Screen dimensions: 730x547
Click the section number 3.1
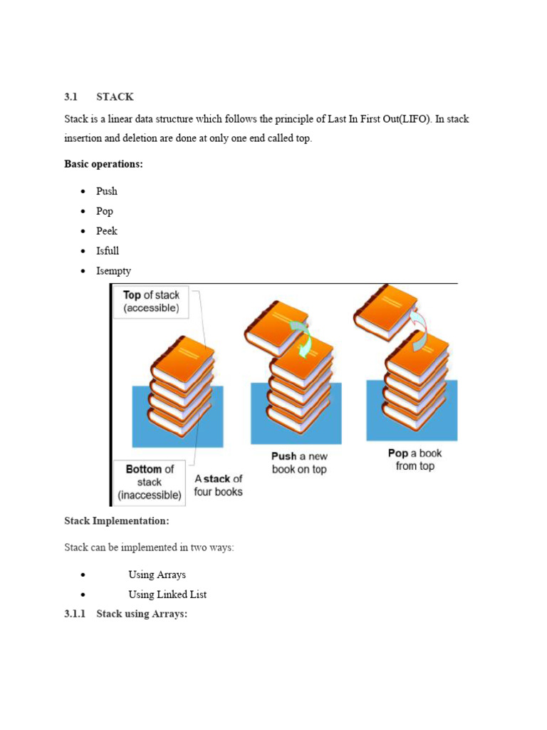pyautogui.click(x=70, y=97)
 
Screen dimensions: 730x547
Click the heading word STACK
pyautogui.click(x=115, y=97)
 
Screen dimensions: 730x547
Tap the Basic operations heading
pyautogui.click(x=103, y=164)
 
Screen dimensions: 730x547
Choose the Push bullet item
pyautogui.click(x=107, y=191)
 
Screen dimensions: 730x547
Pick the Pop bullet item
pyautogui.click(x=105, y=211)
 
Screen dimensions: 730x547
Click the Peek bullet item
pyautogui.click(x=107, y=231)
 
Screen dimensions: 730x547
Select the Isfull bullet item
pyautogui.click(x=108, y=251)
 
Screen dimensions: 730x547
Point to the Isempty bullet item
pyautogui.click(x=113, y=271)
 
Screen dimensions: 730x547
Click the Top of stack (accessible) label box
pyautogui.click(x=151, y=302)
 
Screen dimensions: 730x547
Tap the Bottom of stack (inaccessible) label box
pyautogui.click(x=150, y=481)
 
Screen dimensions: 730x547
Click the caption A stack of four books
pyautogui.click(x=218, y=485)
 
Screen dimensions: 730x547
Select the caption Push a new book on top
pyautogui.click(x=299, y=463)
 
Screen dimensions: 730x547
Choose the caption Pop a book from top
pyautogui.click(x=415, y=459)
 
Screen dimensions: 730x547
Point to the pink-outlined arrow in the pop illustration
pyautogui.click(x=419, y=325)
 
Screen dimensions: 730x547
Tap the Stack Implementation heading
pyautogui.click(x=117, y=521)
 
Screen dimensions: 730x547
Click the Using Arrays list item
pyautogui.click(x=157, y=575)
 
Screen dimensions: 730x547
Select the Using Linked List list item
pyautogui.click(x=167, y=595)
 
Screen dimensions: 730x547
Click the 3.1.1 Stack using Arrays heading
pyautogui.click(x=125, y=613)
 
